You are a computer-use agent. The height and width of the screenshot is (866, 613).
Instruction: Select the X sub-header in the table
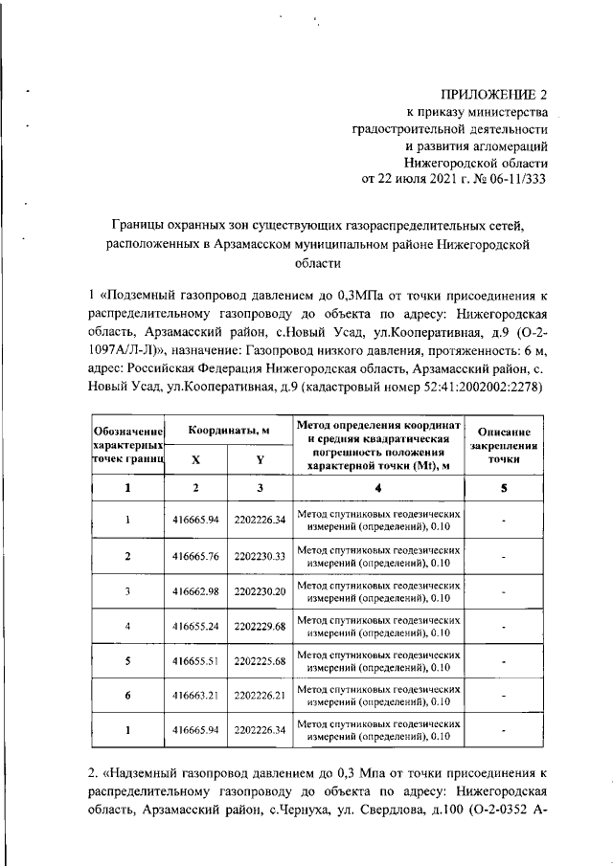click(196, 459)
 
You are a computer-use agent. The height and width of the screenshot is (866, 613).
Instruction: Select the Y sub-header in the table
click(260, 459)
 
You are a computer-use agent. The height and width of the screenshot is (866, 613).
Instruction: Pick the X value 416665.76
click(196, 556)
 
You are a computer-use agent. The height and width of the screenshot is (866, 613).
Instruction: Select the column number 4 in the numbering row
click(377, 489)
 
